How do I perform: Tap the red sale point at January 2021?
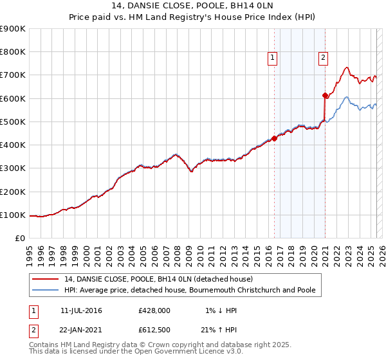tap(326, 95)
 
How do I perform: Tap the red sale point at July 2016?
tap(274, 138)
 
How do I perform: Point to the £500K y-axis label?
tap(13, 122)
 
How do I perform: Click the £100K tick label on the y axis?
tap(13, 215)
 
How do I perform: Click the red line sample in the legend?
tap(46, 279)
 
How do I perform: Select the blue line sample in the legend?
tap(46, 290)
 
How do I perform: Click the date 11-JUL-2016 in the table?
tap(81, 310)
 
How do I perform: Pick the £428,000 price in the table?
tap(154, 310)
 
